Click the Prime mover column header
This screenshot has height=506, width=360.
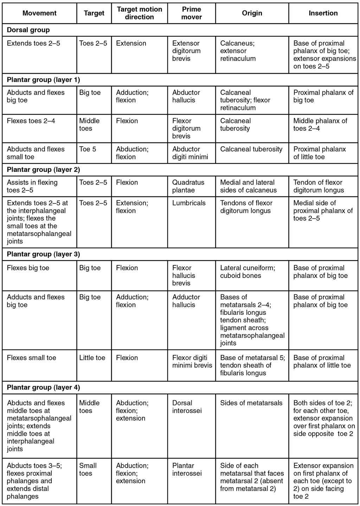pos(192,13)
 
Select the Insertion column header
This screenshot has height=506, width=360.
pos(323,13)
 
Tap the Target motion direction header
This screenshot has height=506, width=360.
pos(140,13)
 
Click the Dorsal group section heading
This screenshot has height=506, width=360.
pos(28,30)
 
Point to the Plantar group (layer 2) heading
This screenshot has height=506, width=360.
pos(44,169)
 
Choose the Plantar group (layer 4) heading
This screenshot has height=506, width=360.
pos(44,387)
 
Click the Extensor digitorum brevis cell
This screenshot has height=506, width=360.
pos(186,51)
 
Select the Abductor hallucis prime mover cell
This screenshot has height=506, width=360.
pos(186,96)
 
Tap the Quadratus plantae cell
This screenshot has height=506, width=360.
pos(188,186)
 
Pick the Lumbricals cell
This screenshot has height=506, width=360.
pos(189,203)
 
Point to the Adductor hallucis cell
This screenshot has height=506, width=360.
pos(186,301)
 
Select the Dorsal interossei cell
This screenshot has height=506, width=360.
pos(187,407)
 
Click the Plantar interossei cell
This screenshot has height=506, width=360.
pos(187,469)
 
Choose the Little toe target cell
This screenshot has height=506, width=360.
pos(92,358)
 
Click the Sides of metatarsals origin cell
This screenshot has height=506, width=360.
pos(251,403)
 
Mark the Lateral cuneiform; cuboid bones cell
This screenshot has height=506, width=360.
pos(247,272)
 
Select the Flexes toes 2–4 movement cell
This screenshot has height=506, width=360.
pos(31,121)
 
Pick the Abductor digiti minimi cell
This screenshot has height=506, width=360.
pos(190,153)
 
